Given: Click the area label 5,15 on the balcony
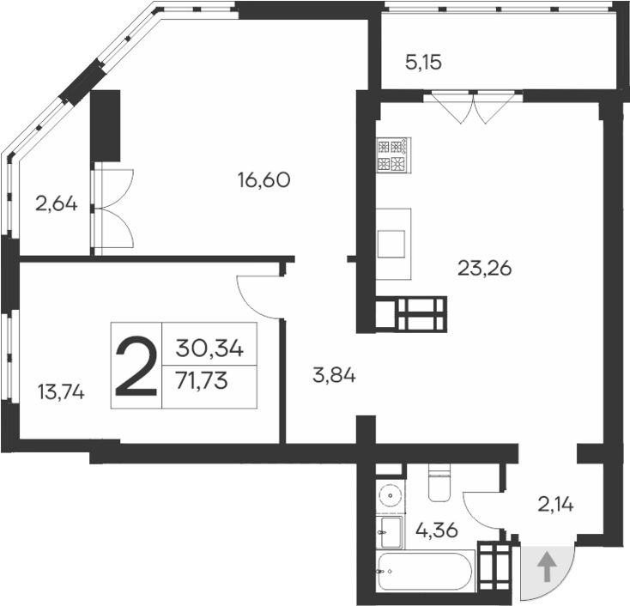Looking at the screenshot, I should tap(423, 62).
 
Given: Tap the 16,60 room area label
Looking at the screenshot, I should tap(265, 180).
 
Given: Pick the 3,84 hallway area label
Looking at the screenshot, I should tap(333, 375).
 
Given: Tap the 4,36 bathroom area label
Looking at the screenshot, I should tap(437, 530).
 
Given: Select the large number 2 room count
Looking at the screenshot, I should tap(136, 367).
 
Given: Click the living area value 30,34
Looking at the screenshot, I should tap(210, 348).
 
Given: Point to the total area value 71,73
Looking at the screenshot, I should tap(202, 382).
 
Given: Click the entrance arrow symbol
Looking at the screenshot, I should tap(545, 567).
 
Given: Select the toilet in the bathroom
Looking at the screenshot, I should tap(438, 484).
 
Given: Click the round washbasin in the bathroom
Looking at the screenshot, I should tap(391, 496).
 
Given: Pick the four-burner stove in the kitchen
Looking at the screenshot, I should tap(394, 155).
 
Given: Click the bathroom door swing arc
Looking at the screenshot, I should tap(482, 502).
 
